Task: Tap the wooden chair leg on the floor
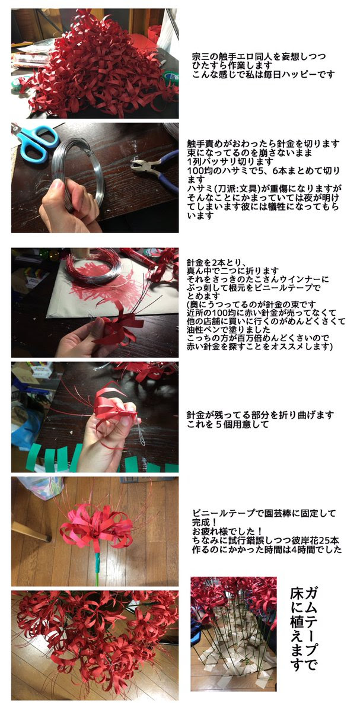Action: (x=30, y=531)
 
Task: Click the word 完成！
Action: (x=205, y=522)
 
